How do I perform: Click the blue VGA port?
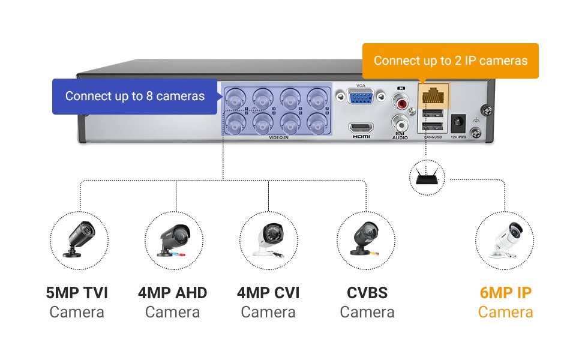tap(361, 98)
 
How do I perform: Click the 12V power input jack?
tap(458, 124)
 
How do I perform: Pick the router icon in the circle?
tap(427, 177)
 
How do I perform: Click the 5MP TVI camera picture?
tap(79, 240)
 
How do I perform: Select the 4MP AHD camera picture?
tap(175, 240)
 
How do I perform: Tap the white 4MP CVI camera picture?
tap(268, 240)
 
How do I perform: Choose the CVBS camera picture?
tap(365, 240)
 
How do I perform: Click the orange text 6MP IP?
tap(505, 293)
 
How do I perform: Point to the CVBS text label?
tap(367, 293)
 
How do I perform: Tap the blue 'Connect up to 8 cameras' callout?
tap(134, 96)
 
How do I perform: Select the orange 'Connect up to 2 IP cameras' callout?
tap(450, 61)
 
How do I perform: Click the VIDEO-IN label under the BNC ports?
tap(277, 138)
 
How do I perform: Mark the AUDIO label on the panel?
tap(400, 138)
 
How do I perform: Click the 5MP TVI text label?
tap(77, 293)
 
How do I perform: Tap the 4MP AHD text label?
tap(172, 293)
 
